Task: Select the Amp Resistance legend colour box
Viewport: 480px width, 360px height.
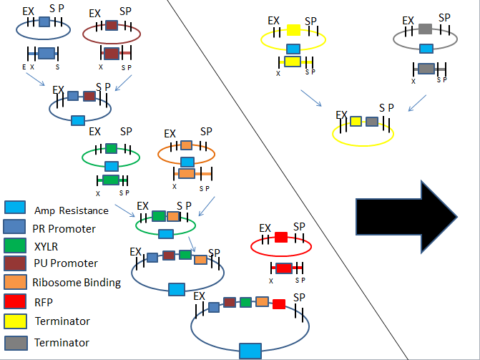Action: pos(15,209)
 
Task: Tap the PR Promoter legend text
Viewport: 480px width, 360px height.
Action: pos(64,228)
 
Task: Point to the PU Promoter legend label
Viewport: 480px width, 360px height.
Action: pos(65,264)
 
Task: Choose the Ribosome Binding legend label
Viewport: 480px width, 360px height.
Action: pos(77,283)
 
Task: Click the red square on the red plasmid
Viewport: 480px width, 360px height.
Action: pos(281,237)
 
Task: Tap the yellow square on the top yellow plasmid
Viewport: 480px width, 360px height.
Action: pos(293,29)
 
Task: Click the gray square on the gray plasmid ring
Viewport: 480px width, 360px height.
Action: pos(425,29)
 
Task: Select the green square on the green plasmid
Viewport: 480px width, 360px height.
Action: pos(111,149)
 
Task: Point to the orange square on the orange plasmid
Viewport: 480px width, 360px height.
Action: pos(186,145)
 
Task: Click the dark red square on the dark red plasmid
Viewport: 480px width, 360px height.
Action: pos(111,25)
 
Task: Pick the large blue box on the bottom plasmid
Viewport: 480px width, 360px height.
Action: pos(250,350)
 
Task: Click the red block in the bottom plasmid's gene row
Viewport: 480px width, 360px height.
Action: pos(278,303)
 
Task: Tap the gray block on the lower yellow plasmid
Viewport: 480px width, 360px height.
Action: pos(372,122)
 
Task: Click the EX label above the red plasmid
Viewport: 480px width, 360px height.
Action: pos(265,228)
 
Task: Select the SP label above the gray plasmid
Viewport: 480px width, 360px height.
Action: pos(444,17)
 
